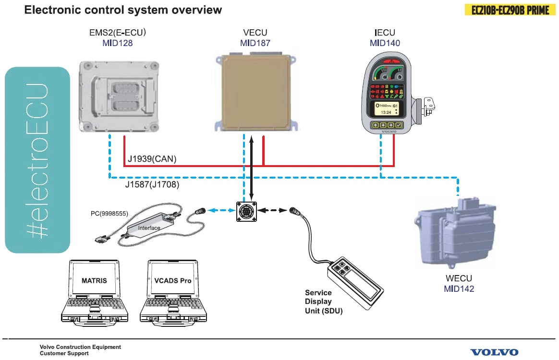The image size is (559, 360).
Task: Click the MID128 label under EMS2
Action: [117, 43]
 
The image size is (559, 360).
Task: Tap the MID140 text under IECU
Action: [385, 43]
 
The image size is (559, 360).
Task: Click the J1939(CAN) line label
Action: [152, 159]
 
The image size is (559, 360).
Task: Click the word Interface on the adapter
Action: [149, 228]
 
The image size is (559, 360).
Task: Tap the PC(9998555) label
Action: [109, 213]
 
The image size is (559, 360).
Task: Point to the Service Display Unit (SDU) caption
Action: [323, 301]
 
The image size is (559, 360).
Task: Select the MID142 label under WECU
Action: [459, 288]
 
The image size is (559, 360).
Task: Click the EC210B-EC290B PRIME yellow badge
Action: [507, 10]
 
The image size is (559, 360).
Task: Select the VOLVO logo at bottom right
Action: [494, 352]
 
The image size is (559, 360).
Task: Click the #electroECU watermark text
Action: [37, 160]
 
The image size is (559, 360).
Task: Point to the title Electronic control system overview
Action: [123, 10]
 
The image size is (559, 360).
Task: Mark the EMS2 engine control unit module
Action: [119, 97]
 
